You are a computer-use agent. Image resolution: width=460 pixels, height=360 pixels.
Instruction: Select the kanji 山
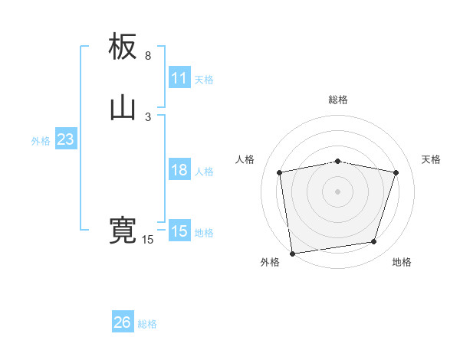coord(123,109)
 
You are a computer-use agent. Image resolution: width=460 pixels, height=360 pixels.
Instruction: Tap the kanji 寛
coord(123,231)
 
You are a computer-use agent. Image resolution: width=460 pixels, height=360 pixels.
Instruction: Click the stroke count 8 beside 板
coord(148,56)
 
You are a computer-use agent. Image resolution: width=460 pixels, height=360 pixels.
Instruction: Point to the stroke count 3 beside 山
coord(148,117)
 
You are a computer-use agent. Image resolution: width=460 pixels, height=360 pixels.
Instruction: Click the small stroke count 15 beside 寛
coord(148,240)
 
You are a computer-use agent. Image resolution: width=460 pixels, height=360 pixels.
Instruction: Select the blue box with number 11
coord(179,78)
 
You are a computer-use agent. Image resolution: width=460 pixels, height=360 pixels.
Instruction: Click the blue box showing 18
coord(179,170)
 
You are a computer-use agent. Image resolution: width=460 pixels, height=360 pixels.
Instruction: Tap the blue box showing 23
coord(65,139)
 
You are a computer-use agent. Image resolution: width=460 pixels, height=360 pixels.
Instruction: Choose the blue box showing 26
coord(123,322)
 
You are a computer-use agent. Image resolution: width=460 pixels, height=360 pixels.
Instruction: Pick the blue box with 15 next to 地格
coord(179,231)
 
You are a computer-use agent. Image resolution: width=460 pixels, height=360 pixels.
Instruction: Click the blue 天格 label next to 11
coord(204,79)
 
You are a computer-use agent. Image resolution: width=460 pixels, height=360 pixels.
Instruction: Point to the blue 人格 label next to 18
coord(204,172)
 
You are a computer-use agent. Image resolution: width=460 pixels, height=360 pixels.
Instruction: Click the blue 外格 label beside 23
coord(41,141)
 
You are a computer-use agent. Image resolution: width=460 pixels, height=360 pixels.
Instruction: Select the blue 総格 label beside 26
coord(147,324)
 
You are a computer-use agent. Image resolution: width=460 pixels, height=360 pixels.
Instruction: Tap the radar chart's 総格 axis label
coord(338,100)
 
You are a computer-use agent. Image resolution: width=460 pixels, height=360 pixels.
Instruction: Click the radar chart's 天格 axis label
coord(432,159)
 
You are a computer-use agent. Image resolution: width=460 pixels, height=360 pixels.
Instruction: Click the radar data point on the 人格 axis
coord(280,172)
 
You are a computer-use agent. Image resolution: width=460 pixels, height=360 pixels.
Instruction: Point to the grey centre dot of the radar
coord(338,191)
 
